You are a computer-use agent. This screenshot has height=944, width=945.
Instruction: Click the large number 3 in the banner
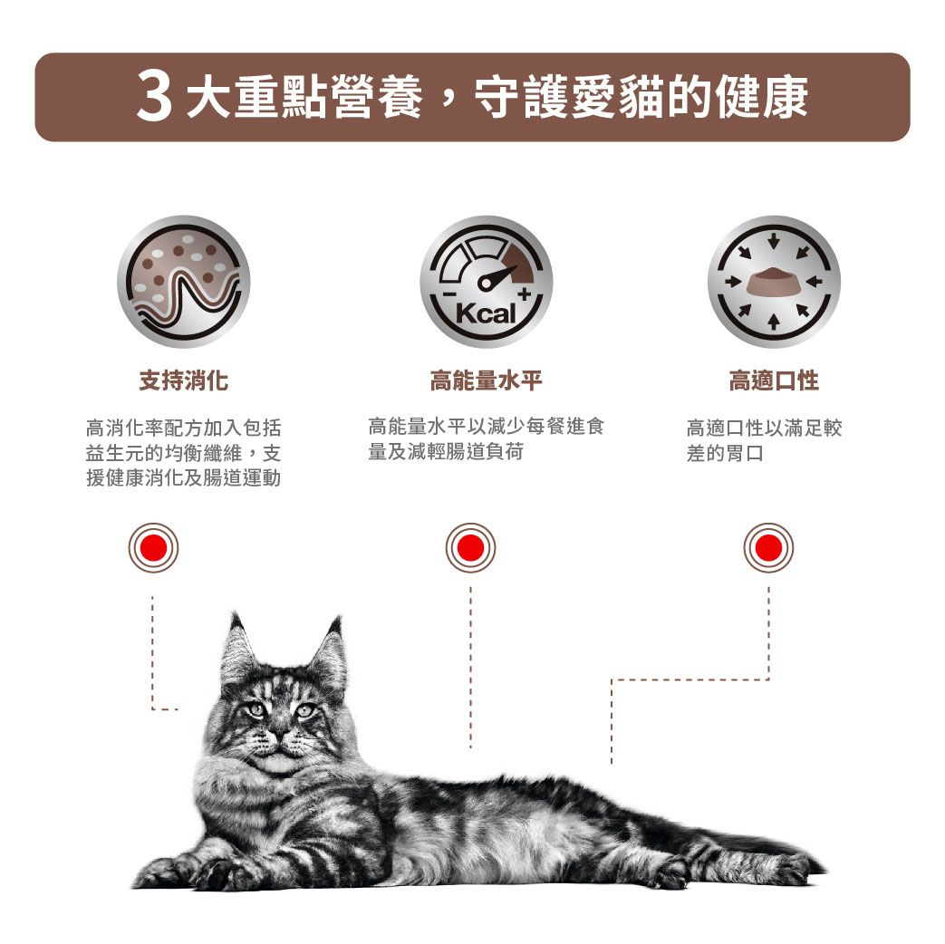154,98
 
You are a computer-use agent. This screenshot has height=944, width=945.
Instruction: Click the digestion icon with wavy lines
183,281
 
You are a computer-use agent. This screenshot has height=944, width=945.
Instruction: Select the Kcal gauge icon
486,281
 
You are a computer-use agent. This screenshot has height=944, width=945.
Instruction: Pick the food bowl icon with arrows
773,281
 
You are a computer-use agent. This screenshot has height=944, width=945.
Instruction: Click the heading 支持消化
183,381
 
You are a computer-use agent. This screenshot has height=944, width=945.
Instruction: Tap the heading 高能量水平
486,381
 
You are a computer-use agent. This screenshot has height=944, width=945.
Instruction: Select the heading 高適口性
773,381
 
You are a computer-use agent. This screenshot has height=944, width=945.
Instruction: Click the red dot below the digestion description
153,548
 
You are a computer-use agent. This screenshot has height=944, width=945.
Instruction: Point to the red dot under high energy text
470,548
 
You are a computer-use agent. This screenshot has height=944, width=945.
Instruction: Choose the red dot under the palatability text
768,548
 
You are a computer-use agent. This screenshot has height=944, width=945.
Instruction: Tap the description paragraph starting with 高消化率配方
183,452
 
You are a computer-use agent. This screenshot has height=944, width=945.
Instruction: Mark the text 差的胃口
725,453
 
